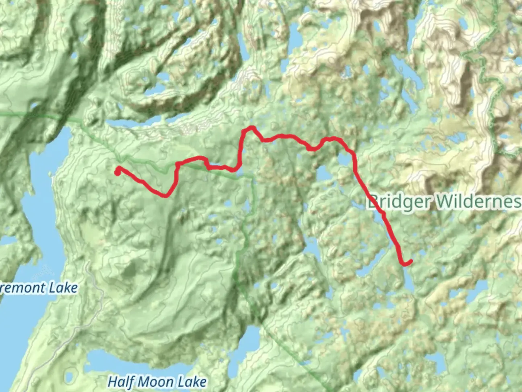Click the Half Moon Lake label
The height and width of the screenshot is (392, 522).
click(x=157, y=382)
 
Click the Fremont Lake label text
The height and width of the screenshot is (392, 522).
click(x=38, y=288)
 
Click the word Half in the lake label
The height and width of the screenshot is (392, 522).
click(x=121, y=382)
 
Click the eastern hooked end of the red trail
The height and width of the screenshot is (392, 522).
click(x=410, y=262)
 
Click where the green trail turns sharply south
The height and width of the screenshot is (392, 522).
click(x=252, y=176)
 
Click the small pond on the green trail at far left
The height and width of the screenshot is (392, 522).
click(x=35, y=106)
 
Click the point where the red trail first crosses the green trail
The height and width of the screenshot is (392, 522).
click(x=177, y=165)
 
